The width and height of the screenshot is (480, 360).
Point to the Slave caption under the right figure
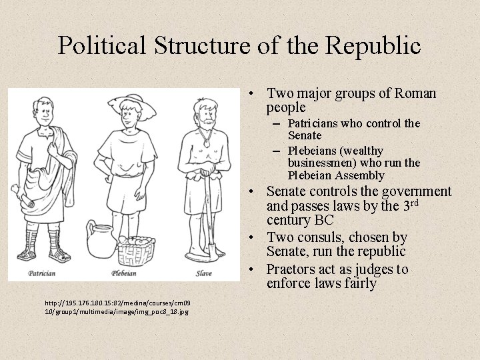click(204, 273)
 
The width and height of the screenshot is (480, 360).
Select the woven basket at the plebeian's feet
click(136, 251)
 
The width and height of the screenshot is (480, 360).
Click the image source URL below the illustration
click(117, 307)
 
